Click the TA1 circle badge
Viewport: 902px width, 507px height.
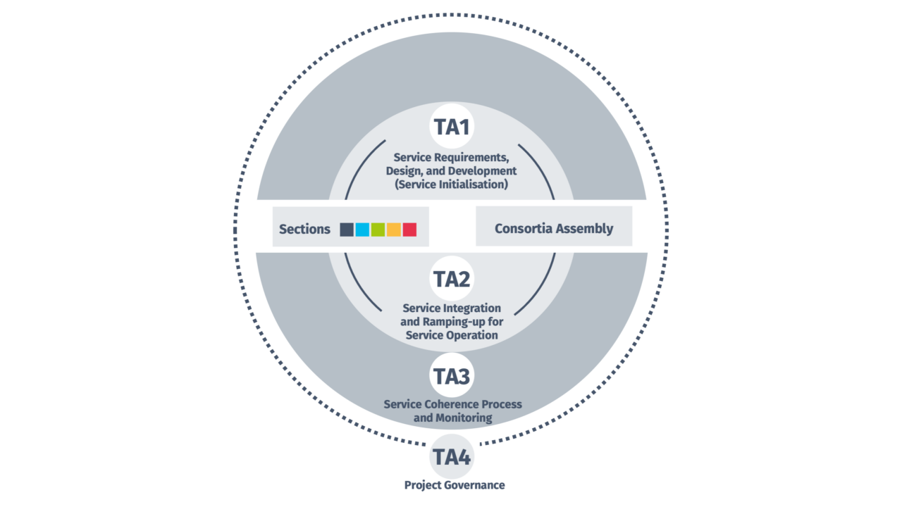click(x=451, y=127)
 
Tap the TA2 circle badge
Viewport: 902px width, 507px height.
click(x=451, y=279)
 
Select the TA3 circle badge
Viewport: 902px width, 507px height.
click(x=451, y=376)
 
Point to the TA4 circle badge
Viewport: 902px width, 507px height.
click(x=451, y=457)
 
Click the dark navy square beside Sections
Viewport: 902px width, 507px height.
click(x=347, y=229)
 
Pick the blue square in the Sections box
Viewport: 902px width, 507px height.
click(x=362, y=229)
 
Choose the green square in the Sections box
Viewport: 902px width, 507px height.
click(x=378, y=229)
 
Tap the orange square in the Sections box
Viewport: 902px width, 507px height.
click(x=393, y=229)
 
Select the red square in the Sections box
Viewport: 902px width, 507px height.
click(x=409, y=229)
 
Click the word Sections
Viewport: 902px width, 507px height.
click(x=304, y=229)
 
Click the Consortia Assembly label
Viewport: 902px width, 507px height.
click(x=554, y=228)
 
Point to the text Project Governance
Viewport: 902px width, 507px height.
click(x=455, y=484)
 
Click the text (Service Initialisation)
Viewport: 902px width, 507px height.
click(x=452, y=184)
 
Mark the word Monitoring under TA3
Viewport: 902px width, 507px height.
click(x=464, y=418)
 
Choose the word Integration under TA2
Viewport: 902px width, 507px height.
click(x=473, y=308)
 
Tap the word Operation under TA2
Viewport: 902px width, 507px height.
click(x=471, y=335)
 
